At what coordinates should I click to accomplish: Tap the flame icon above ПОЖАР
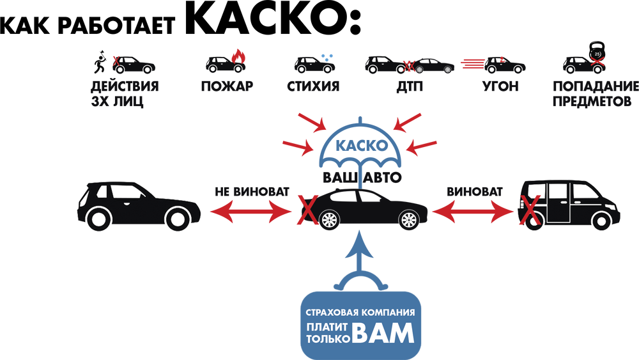[238, 57]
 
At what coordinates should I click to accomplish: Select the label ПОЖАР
[227, 86]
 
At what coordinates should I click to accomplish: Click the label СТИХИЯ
[313, 86]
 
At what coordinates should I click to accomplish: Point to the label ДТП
[410, 86]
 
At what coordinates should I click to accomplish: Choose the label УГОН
[501, 86]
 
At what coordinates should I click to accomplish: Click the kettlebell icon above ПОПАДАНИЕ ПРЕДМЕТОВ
[597, 52]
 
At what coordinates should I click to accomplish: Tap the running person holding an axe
[100, 62]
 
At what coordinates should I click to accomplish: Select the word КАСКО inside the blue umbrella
[360, 146]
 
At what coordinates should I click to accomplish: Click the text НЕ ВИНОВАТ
[252, 192]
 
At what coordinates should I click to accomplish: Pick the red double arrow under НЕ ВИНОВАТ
[251, 212]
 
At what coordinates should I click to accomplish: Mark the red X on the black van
[530, 210]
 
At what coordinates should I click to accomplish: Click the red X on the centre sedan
[308, 210]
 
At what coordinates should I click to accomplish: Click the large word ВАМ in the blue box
[383, 333]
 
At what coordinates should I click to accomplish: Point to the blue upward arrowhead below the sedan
[359, 245]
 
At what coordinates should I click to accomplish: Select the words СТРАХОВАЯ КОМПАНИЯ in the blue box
[360, 313]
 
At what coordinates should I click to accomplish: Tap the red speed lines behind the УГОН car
[473, 63]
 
